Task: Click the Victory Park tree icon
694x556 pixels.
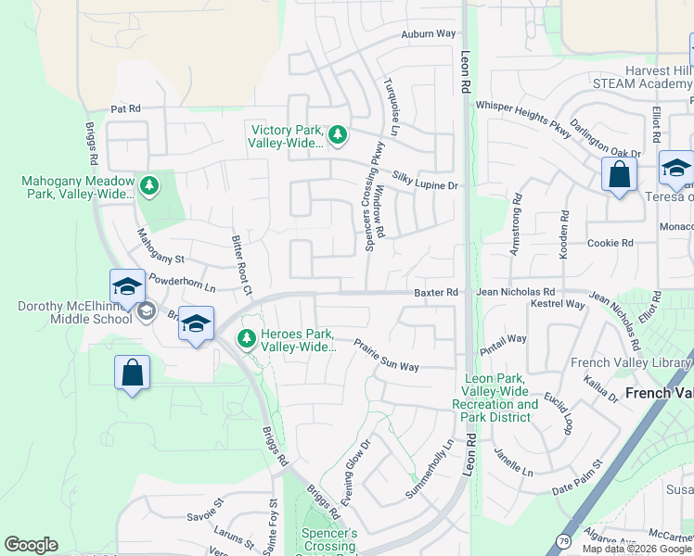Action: coord(338,135)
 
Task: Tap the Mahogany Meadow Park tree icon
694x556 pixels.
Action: coord(149,186)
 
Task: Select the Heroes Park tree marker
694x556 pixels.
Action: coord(247,339)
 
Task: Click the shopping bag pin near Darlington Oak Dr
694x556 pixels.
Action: coord(619,173)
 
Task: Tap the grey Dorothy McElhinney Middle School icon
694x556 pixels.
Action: coord(145,312)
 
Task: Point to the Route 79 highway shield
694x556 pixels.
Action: coord(563,540)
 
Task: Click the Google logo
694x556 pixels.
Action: coord(31,545)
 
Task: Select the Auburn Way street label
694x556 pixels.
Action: coord(429,34)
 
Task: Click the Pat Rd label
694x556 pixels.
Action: coord(125,108)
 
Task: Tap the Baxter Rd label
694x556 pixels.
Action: coord(436,293)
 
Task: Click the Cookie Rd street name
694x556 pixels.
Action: coord(610,243)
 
